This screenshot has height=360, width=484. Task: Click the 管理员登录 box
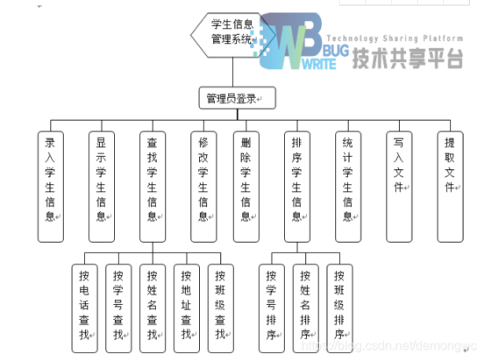coord(236,98)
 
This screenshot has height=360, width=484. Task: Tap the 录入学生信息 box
coord(50,187)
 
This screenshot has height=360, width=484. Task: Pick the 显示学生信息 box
coord(102,187)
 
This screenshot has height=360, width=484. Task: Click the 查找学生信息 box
coord(153,187)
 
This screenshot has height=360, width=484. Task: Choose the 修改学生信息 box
coord(203,187)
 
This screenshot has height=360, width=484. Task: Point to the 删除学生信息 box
coord(246,187)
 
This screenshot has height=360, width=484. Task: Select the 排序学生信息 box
coord(297,187)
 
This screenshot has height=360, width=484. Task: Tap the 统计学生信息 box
coord(348,187)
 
